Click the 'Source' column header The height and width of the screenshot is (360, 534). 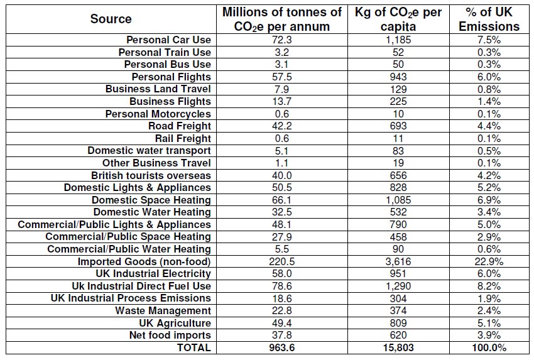(x=111, y=19)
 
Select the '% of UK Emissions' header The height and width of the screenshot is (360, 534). (x=489, y=19)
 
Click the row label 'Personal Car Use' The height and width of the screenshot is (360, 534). (x=168, y=40)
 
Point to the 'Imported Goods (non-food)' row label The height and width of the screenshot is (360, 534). (x=144, y=261)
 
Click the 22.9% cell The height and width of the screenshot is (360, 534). (x=489, y=261)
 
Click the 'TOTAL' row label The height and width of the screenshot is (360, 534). (x=194, y=347)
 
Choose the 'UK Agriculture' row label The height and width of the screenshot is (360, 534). (x=174, y=323)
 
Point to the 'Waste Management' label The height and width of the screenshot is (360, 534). (x=163, y=310)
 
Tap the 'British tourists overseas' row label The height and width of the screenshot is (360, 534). (x=151, y=175)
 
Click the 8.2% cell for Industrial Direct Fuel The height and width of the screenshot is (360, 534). (x=489, y=286)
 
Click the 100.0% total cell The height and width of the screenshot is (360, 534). (x=489, y=347)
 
